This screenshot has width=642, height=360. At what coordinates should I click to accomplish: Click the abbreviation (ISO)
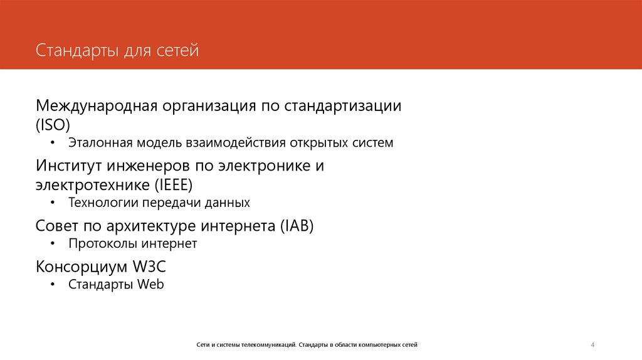[x=53, y=124]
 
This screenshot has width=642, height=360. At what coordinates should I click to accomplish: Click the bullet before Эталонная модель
[x=53, y=144]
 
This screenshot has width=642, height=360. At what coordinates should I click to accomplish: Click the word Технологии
[x=103, y=203]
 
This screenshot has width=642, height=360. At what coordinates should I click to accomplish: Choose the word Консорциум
[x=81, y=266]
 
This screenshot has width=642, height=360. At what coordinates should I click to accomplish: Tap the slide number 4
[x=592, y=344]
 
